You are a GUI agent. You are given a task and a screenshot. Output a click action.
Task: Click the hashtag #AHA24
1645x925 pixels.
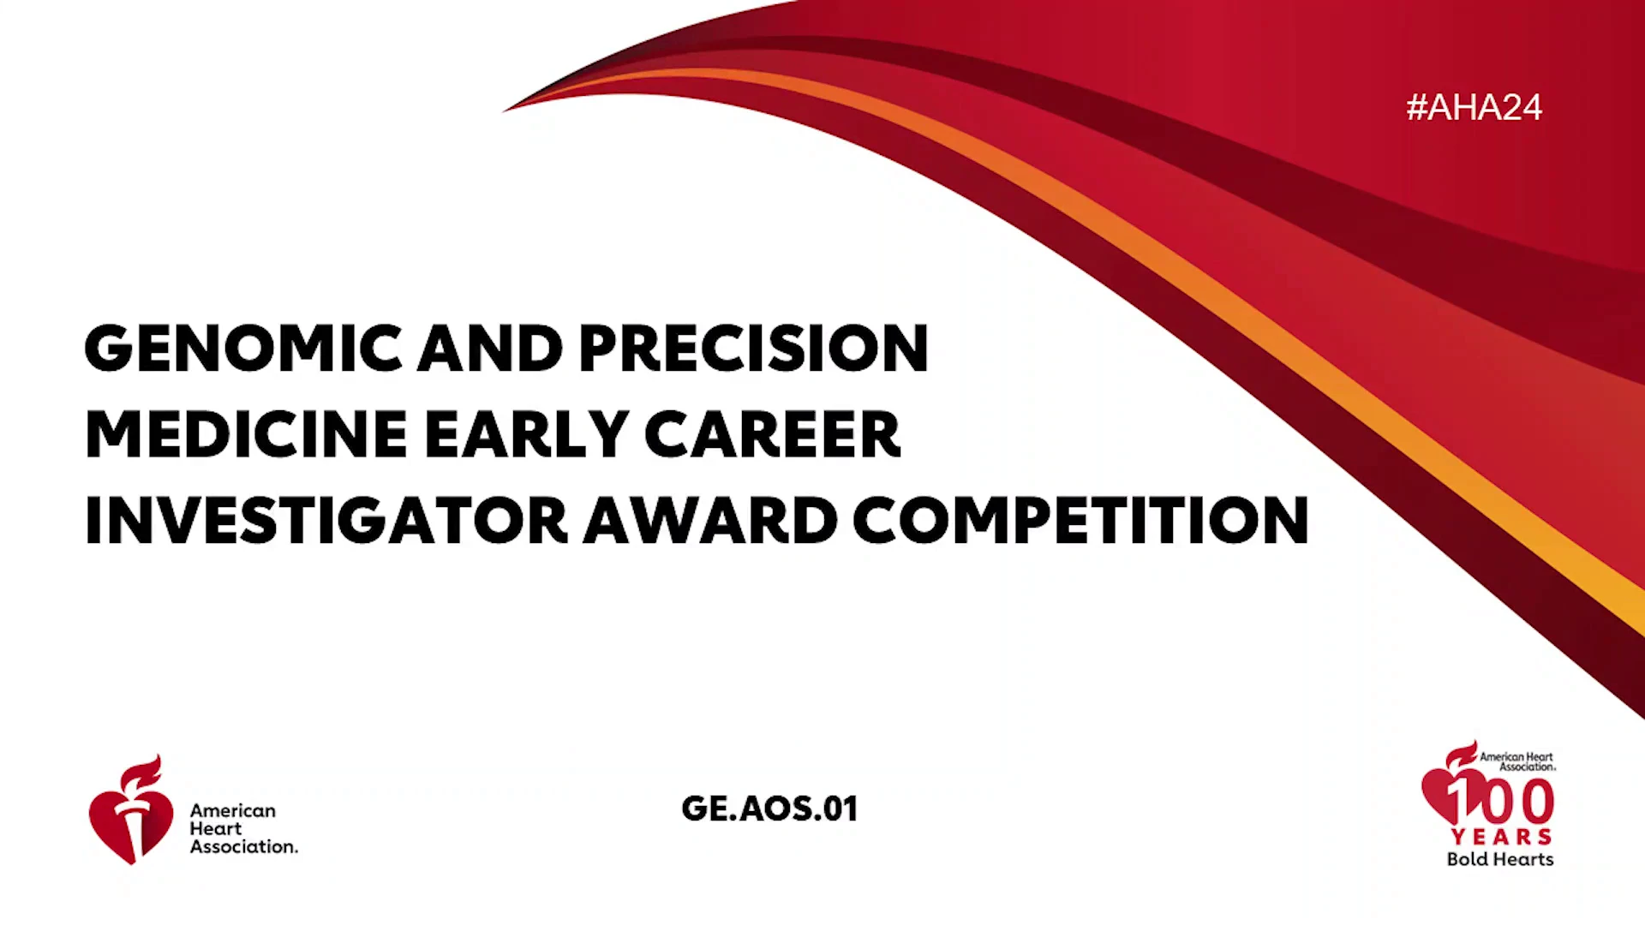(x=1474, y=107)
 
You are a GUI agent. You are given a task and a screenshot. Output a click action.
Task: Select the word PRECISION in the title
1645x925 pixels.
(x=754, y=349)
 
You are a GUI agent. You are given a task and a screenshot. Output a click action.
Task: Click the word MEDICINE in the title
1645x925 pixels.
(x=246, y=434)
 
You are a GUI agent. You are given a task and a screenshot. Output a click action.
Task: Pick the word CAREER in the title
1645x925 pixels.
(x=773, y=434)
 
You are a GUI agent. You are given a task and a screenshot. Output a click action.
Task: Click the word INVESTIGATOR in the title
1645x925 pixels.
(x=326, y=520)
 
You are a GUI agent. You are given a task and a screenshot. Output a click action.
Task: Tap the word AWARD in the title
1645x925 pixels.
(x=710, y=520)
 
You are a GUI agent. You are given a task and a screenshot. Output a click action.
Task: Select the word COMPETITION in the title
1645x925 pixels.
(x=1081, y=520)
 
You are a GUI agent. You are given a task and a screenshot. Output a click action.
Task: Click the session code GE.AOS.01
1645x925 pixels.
(x=769, y=809)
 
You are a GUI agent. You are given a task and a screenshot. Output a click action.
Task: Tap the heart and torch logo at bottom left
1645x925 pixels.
(x=131, y=809)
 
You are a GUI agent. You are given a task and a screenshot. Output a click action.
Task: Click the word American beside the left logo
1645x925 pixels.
(x=233, y=810)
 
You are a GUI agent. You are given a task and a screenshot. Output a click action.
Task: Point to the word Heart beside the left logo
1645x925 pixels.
(x=216, y=828)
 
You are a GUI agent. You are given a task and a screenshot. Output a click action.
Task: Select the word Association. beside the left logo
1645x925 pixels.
(x=244, y=846)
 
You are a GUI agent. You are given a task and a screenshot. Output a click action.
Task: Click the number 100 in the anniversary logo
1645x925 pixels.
(x=1500, y=802)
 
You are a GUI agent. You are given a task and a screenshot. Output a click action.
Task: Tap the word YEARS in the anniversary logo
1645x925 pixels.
(x=1501, y=837)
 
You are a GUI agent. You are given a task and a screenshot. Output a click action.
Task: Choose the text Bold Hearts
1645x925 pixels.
(x=1500, y=859)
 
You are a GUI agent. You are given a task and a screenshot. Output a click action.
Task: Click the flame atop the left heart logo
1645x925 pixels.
(x=141, y=773)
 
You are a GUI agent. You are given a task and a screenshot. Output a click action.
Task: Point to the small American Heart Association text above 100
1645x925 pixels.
(x=1516, y=761)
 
